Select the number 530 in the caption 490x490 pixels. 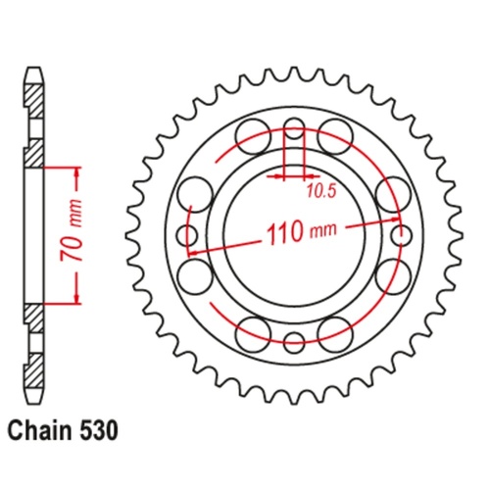tap(102, 430)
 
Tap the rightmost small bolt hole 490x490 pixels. tap(400, 234)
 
